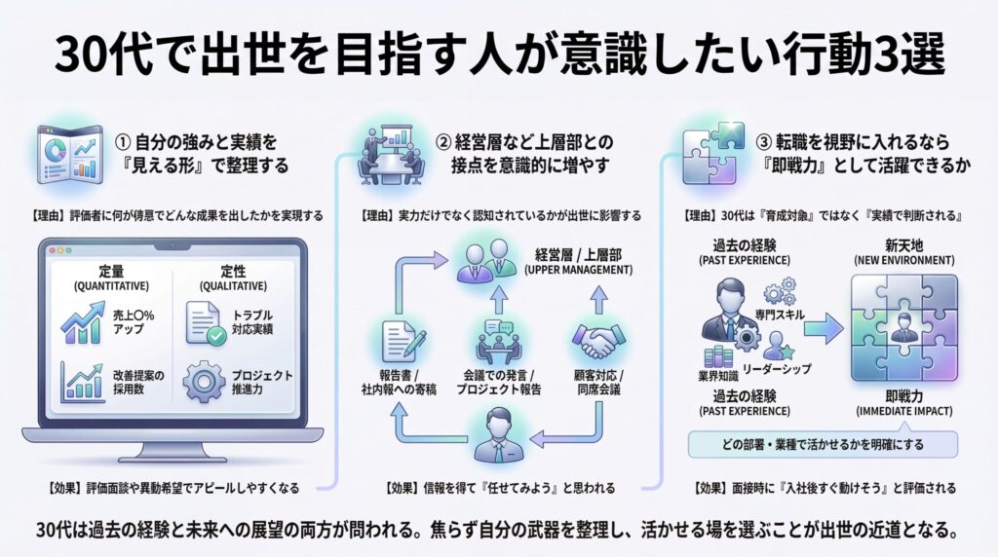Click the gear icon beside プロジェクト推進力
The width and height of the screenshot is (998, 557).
[204, 380]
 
